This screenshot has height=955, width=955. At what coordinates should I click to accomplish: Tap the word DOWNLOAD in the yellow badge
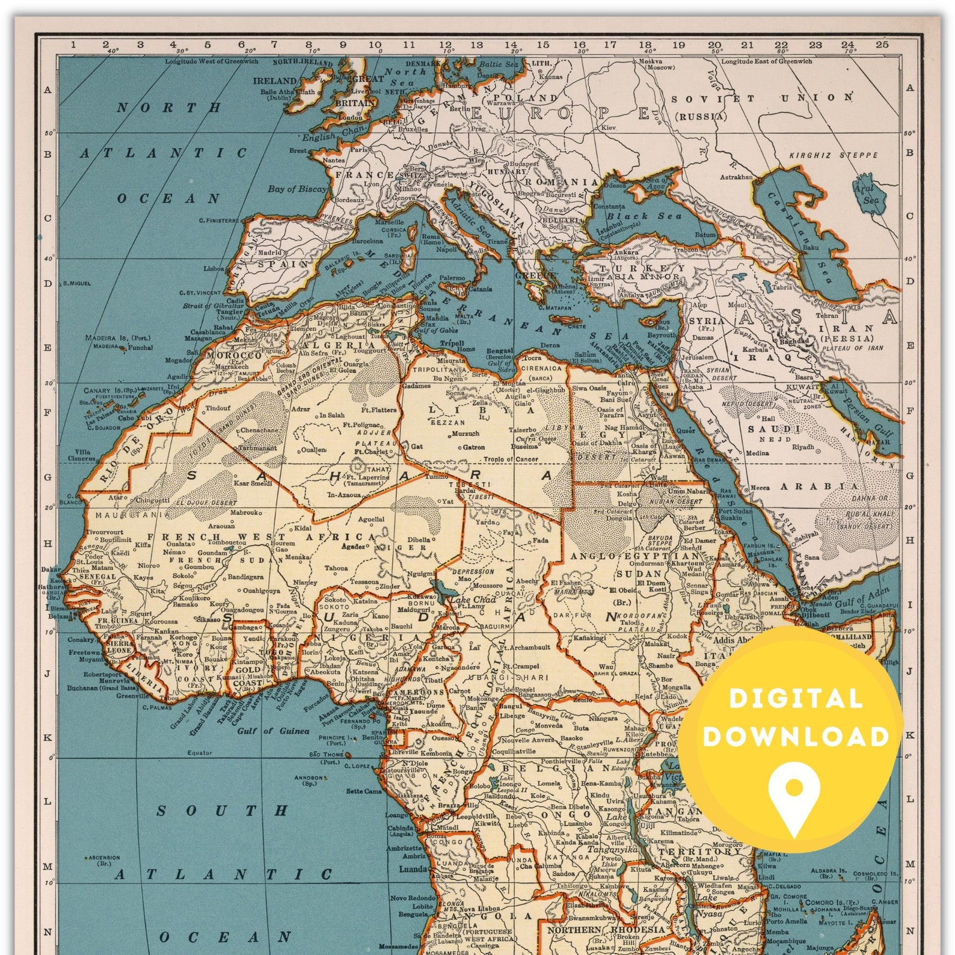tap(796, 736)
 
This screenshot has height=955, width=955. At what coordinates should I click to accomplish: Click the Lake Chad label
tap(473, 600)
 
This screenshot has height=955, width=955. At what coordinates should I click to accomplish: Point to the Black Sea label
tap(643, 216)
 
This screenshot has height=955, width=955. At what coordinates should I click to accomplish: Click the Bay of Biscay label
tap(296, 189)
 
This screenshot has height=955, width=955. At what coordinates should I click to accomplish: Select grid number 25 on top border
tap(882, 44)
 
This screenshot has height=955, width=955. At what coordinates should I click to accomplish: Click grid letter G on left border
tap(48, 477)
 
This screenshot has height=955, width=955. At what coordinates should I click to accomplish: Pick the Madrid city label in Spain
tap(270, 253)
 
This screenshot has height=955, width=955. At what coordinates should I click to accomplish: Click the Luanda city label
tap(413, 869)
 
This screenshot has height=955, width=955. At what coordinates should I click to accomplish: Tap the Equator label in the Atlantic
tap(199, 752)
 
